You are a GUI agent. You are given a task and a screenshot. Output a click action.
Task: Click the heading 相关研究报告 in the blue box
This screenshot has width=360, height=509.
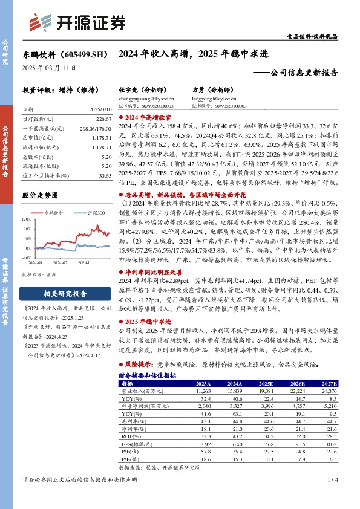pos(67,294)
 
